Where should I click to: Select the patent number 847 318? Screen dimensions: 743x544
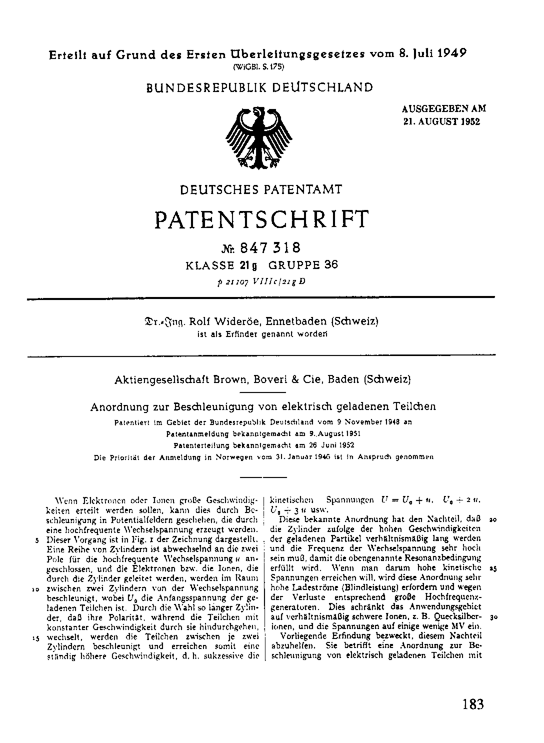click(270, 247)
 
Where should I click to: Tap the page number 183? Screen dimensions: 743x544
click(473, 704)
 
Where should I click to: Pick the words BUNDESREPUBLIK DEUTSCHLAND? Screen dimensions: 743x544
click(259, 88)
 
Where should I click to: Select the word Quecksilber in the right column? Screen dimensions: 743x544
click(452, 616)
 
